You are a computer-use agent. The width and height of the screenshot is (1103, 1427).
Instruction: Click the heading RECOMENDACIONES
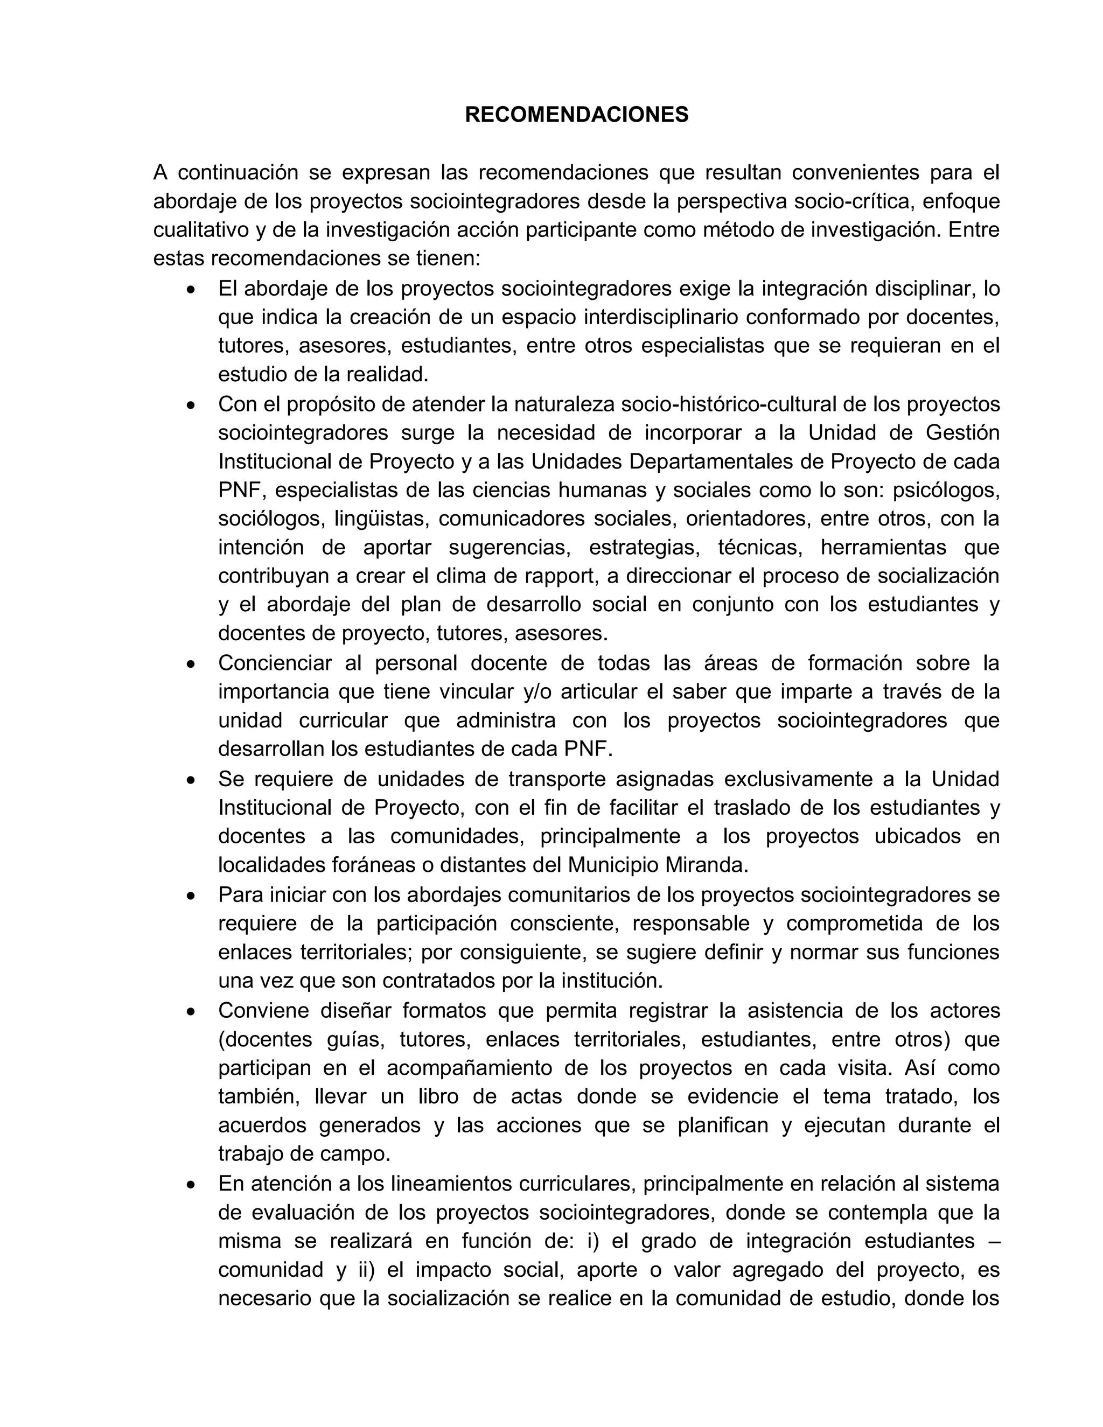[576, 115]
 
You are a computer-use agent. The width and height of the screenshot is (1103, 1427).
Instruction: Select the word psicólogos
[946, 490]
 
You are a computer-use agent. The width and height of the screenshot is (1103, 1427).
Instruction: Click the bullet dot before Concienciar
[191, 664]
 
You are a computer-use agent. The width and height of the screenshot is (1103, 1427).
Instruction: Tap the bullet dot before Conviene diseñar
[191, 1011]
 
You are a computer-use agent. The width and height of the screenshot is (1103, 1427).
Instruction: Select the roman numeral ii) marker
[365, 1270]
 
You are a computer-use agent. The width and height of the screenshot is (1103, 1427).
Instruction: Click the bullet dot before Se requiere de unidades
[191, 780]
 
